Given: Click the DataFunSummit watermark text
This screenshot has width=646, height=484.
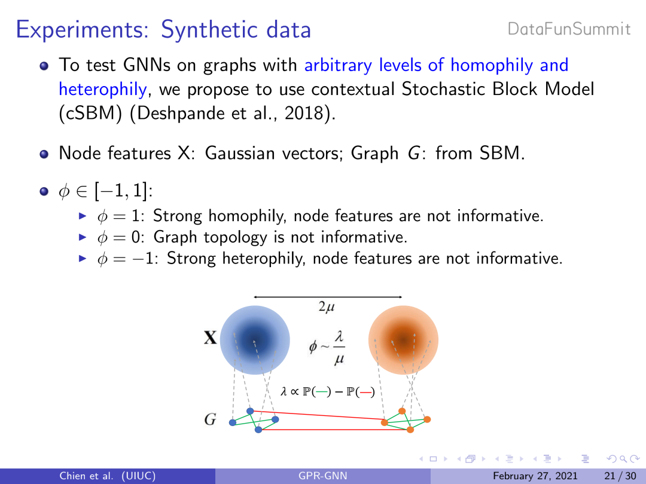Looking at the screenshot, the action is (569, 29).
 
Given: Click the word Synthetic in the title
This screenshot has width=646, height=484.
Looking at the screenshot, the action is (210, 30).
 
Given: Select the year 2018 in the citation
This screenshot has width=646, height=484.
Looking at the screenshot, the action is (304, 113).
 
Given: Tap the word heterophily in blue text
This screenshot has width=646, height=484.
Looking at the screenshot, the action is (103, 89).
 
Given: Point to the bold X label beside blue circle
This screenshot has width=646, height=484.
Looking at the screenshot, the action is (210, 338).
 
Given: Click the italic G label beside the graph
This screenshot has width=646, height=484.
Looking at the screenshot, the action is (210, 419).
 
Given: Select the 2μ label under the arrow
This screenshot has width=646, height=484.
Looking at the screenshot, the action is (327, 307).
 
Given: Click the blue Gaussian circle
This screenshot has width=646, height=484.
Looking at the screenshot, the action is (255, 340).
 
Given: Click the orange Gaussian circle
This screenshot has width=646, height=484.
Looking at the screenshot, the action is (403, 340).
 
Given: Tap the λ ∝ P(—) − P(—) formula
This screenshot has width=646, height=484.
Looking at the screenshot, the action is (328, 391).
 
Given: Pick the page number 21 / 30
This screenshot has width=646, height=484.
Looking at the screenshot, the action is (620, 476).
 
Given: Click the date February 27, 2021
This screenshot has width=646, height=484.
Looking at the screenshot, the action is (535, 476).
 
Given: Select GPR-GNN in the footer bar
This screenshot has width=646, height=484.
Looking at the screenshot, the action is (322, 476).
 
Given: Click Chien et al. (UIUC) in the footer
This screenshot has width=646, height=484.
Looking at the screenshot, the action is (108, 476).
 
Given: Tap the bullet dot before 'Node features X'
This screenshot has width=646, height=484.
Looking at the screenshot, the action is (44, 154).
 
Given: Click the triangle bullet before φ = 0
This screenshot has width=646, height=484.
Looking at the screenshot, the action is (83, 237).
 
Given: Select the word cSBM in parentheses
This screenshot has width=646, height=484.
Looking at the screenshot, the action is (90, 113).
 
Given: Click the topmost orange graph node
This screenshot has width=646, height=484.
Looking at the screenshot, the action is (402, 411).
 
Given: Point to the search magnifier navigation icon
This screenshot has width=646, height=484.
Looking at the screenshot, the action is (623, 458).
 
